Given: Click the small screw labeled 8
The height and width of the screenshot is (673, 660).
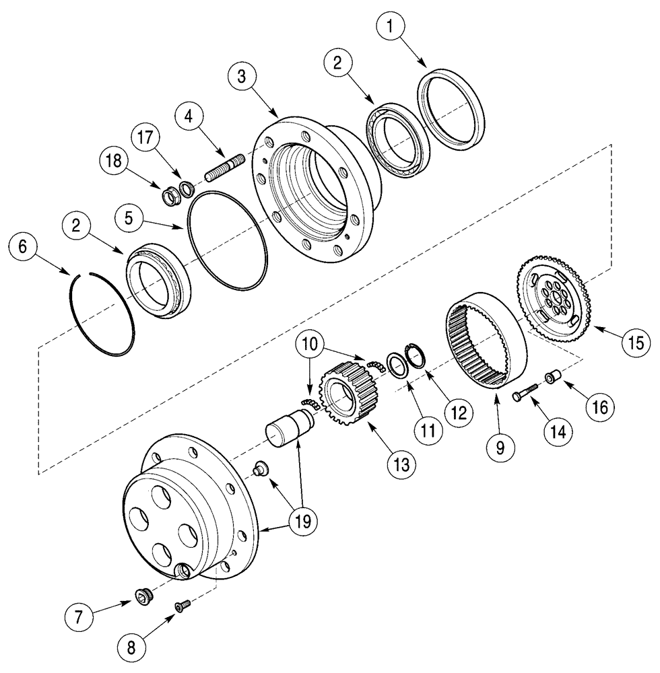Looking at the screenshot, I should click(x=181, y=607).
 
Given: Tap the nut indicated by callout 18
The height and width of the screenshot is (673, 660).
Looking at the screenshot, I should click(x=171, y=197).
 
